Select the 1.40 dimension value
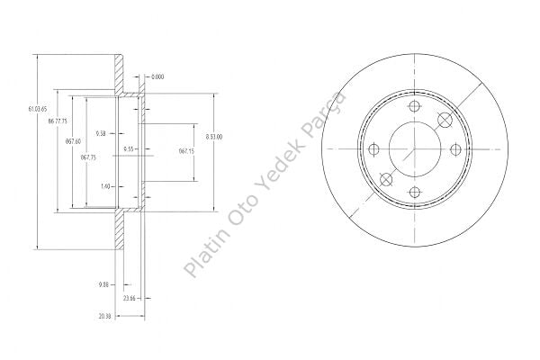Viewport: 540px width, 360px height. coord(106,186)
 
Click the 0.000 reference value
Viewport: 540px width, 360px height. coord(158,76)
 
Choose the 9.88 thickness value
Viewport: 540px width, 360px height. coord(103,285)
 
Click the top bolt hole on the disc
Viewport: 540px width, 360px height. coord(415,109)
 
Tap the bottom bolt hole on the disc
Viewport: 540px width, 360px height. coord(415,192)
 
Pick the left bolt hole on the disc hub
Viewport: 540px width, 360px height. coord(373,150)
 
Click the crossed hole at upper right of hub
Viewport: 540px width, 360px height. coord(444,121)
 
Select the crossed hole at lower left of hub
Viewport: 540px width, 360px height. coord(386,179)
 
